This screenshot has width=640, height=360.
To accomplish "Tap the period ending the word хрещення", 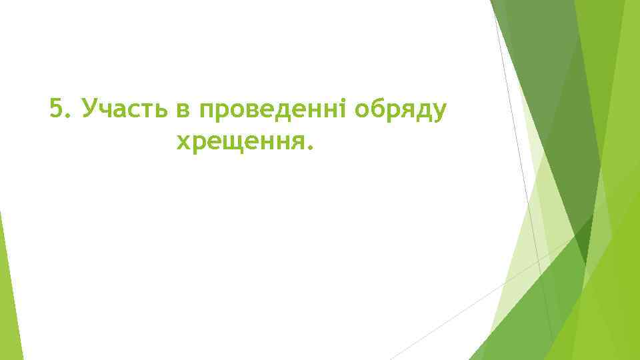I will click(x=309, y=147).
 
